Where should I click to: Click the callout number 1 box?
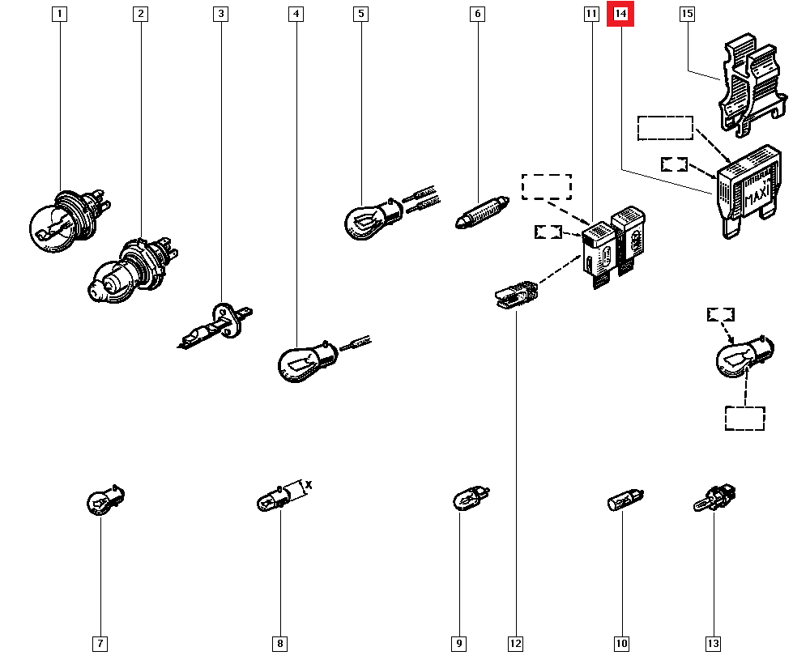59,14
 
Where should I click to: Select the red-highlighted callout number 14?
621,14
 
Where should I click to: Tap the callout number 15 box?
688,14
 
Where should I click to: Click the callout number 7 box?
100,644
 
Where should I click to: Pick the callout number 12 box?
516,644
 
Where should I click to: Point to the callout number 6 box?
477,14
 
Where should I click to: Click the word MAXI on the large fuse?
756,197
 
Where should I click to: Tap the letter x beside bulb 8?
308,485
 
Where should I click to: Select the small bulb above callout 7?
104,501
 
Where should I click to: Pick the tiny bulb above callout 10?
625,501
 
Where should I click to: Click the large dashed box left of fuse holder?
665,128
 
